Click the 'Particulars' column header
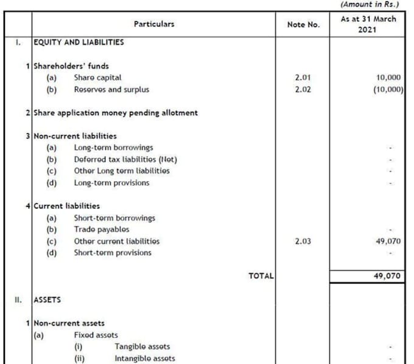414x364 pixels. (153, 24)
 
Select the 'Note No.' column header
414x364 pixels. (303, 25)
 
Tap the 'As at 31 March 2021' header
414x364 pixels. (368, 24)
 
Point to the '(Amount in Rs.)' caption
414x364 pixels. (373, 4)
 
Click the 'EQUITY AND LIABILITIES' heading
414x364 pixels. (79, 43)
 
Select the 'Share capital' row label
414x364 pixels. (97, 78)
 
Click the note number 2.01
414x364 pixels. (303, 78)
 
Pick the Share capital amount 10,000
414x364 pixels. (389, 78)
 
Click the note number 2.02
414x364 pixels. (303, 89)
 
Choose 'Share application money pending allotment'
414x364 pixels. (116, 113)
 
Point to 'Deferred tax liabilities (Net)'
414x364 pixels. (125, 159)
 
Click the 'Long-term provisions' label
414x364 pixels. (111, 183)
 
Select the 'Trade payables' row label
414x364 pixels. (102, 229)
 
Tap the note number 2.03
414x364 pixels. (303, 241)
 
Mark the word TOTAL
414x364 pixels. (261, 276)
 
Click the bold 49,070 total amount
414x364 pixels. (387, 276)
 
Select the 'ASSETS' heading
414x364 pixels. (47, 299)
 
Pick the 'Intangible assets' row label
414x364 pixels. (144, 359)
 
